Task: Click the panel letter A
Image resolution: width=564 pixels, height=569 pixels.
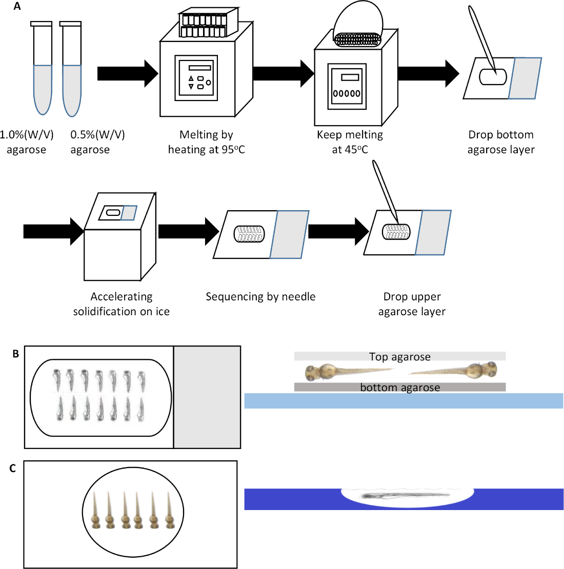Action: pyautogui.click(x=17, y=6)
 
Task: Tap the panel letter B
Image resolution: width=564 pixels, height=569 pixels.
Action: pyautogui.click(x=15, y=354)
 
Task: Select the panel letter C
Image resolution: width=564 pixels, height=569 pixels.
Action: pyautogui.click(x=13, y=469)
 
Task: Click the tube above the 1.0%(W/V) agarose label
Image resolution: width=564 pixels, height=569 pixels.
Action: pyautogui.click(x=42, y=68)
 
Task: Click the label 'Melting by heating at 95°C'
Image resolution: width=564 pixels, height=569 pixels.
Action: pyautogui.click(x=206, y=142)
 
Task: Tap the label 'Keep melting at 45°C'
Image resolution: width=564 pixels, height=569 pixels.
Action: pyautogui.click(x=350, y=142)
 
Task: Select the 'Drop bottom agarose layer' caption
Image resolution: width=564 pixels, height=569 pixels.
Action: pyautogui.click(x=501, y=142)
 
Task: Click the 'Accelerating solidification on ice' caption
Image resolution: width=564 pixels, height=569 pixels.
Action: pyautogui.click(x=121, y=304)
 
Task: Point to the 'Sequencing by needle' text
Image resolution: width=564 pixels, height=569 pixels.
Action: pyautogui.click(x=260, y=296)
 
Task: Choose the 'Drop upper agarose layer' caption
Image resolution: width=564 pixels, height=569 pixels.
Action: pyautogui.click(x=412, y=304)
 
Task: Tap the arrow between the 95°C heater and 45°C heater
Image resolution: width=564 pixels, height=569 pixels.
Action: pyautogui.click(x=284, y=74)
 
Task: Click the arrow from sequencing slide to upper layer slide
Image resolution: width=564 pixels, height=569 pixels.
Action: pyautogui.click(x=338, y=232)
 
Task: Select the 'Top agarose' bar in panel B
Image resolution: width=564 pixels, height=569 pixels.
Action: pyautogui.click(x=400, y=356)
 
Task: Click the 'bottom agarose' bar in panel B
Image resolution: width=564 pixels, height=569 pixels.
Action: pyautogui.click(x=400, y=387)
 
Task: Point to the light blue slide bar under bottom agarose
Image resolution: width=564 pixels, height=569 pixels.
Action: pyautogui.click(x=404, y=401)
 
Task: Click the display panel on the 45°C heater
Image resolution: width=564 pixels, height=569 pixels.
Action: pyautogui.click(x=347, y=86)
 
